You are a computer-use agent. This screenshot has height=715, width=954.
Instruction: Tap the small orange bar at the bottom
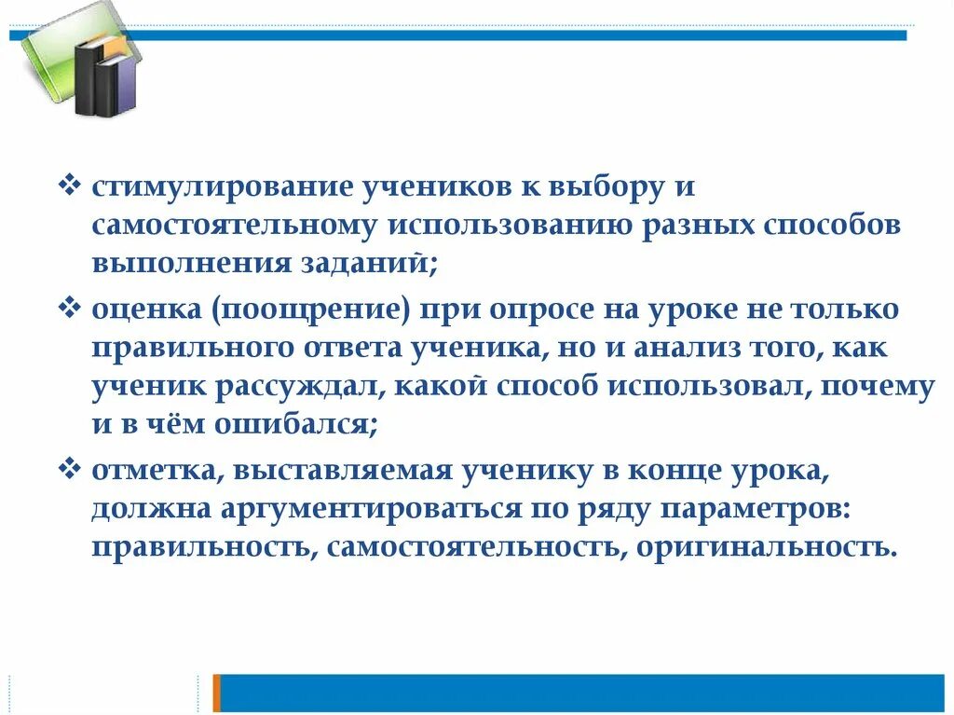click(x=217, y=693)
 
